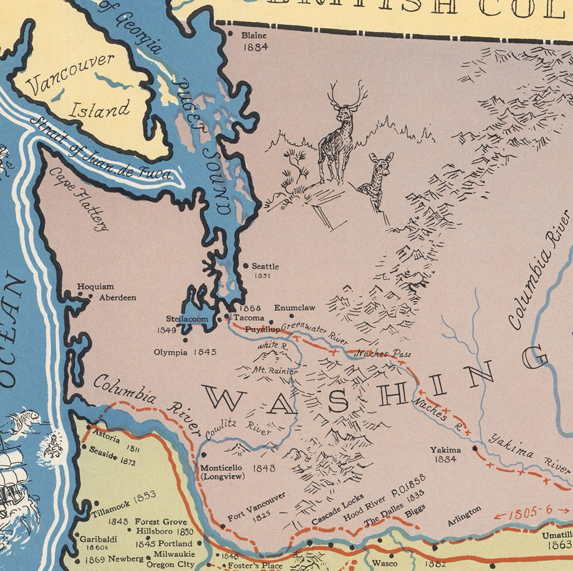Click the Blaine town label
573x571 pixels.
pos(254,35)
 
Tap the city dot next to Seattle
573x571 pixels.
pos(246,266)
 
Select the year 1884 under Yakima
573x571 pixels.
pos(445,459)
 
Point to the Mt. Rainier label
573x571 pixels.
pos(275,370)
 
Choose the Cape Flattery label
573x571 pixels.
pos(79,199)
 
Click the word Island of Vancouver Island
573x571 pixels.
pos(99,109)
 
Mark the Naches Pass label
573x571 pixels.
pos(383,354)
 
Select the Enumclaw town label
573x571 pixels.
pos(294,308)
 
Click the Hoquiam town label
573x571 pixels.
pos(95,287)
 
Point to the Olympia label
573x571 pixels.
pos(170,352)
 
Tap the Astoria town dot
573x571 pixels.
pos(89,427)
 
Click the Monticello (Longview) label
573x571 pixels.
pos(221,472)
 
